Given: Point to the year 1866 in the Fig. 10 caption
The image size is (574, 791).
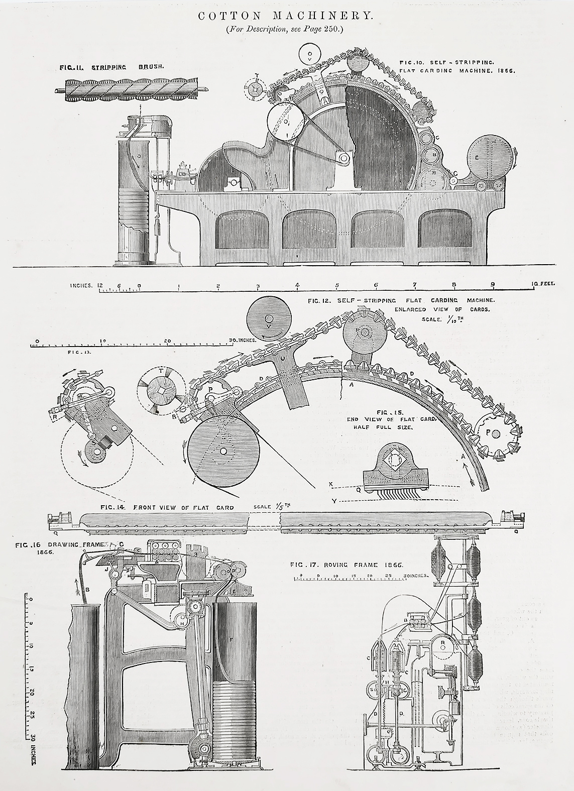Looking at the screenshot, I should tap(506, 71).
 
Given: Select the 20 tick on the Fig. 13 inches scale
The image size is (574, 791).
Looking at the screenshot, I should tap(169, 340).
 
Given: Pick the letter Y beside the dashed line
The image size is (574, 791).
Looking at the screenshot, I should tap(333, 501).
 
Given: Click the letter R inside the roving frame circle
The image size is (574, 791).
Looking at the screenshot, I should tap(442, 642).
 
